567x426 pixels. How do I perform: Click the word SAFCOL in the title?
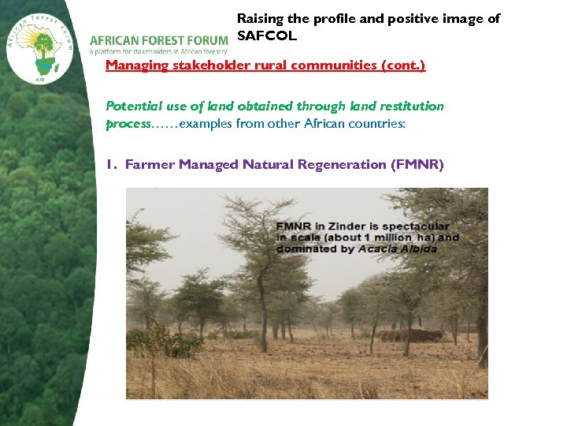(267, 36)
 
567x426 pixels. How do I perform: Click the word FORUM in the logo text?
(207, 40)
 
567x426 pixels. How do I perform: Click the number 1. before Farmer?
(112, 164)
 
